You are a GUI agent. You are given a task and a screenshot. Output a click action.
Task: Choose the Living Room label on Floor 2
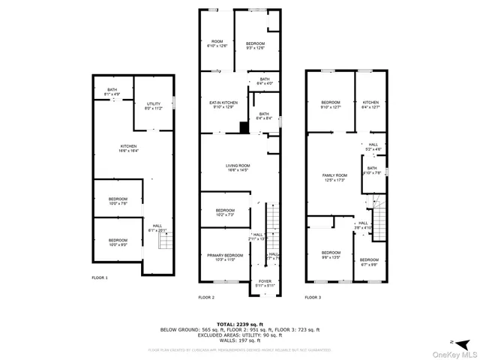coord(238,168)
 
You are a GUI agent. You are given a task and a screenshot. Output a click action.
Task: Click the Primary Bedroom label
coord(225,257)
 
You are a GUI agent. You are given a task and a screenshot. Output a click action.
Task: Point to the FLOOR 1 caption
coord(100,277)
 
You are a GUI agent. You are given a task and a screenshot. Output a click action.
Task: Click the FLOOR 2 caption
coord(206,298)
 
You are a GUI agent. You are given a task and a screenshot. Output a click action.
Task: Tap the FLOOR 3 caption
coord(313,298)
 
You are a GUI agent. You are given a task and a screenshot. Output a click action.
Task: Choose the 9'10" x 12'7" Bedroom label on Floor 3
coord(331,104)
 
